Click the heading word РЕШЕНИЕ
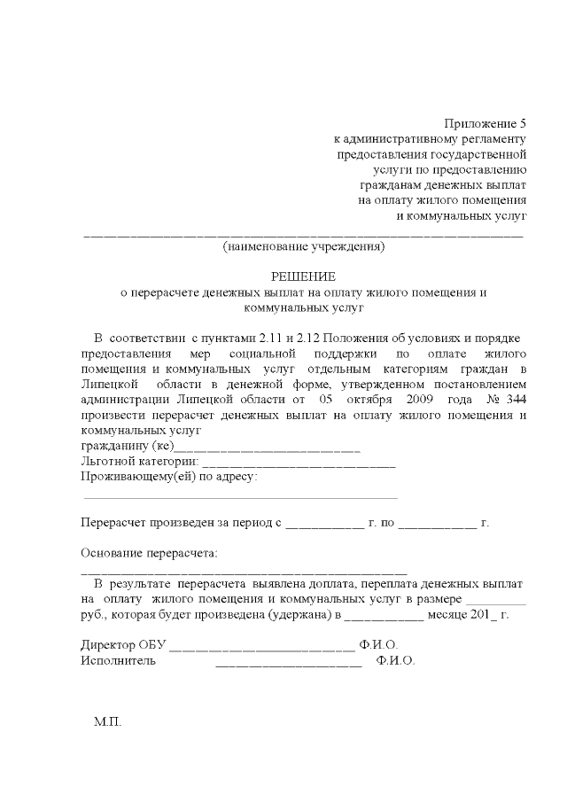(304, 276)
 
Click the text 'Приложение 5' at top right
(485, 123)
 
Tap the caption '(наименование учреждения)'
(304, 246)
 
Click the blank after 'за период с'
(325, 524)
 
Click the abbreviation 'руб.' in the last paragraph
(93, 614)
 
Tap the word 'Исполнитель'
(119, 660)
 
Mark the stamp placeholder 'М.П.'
(107, 722)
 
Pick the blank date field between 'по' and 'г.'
(438, 524)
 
